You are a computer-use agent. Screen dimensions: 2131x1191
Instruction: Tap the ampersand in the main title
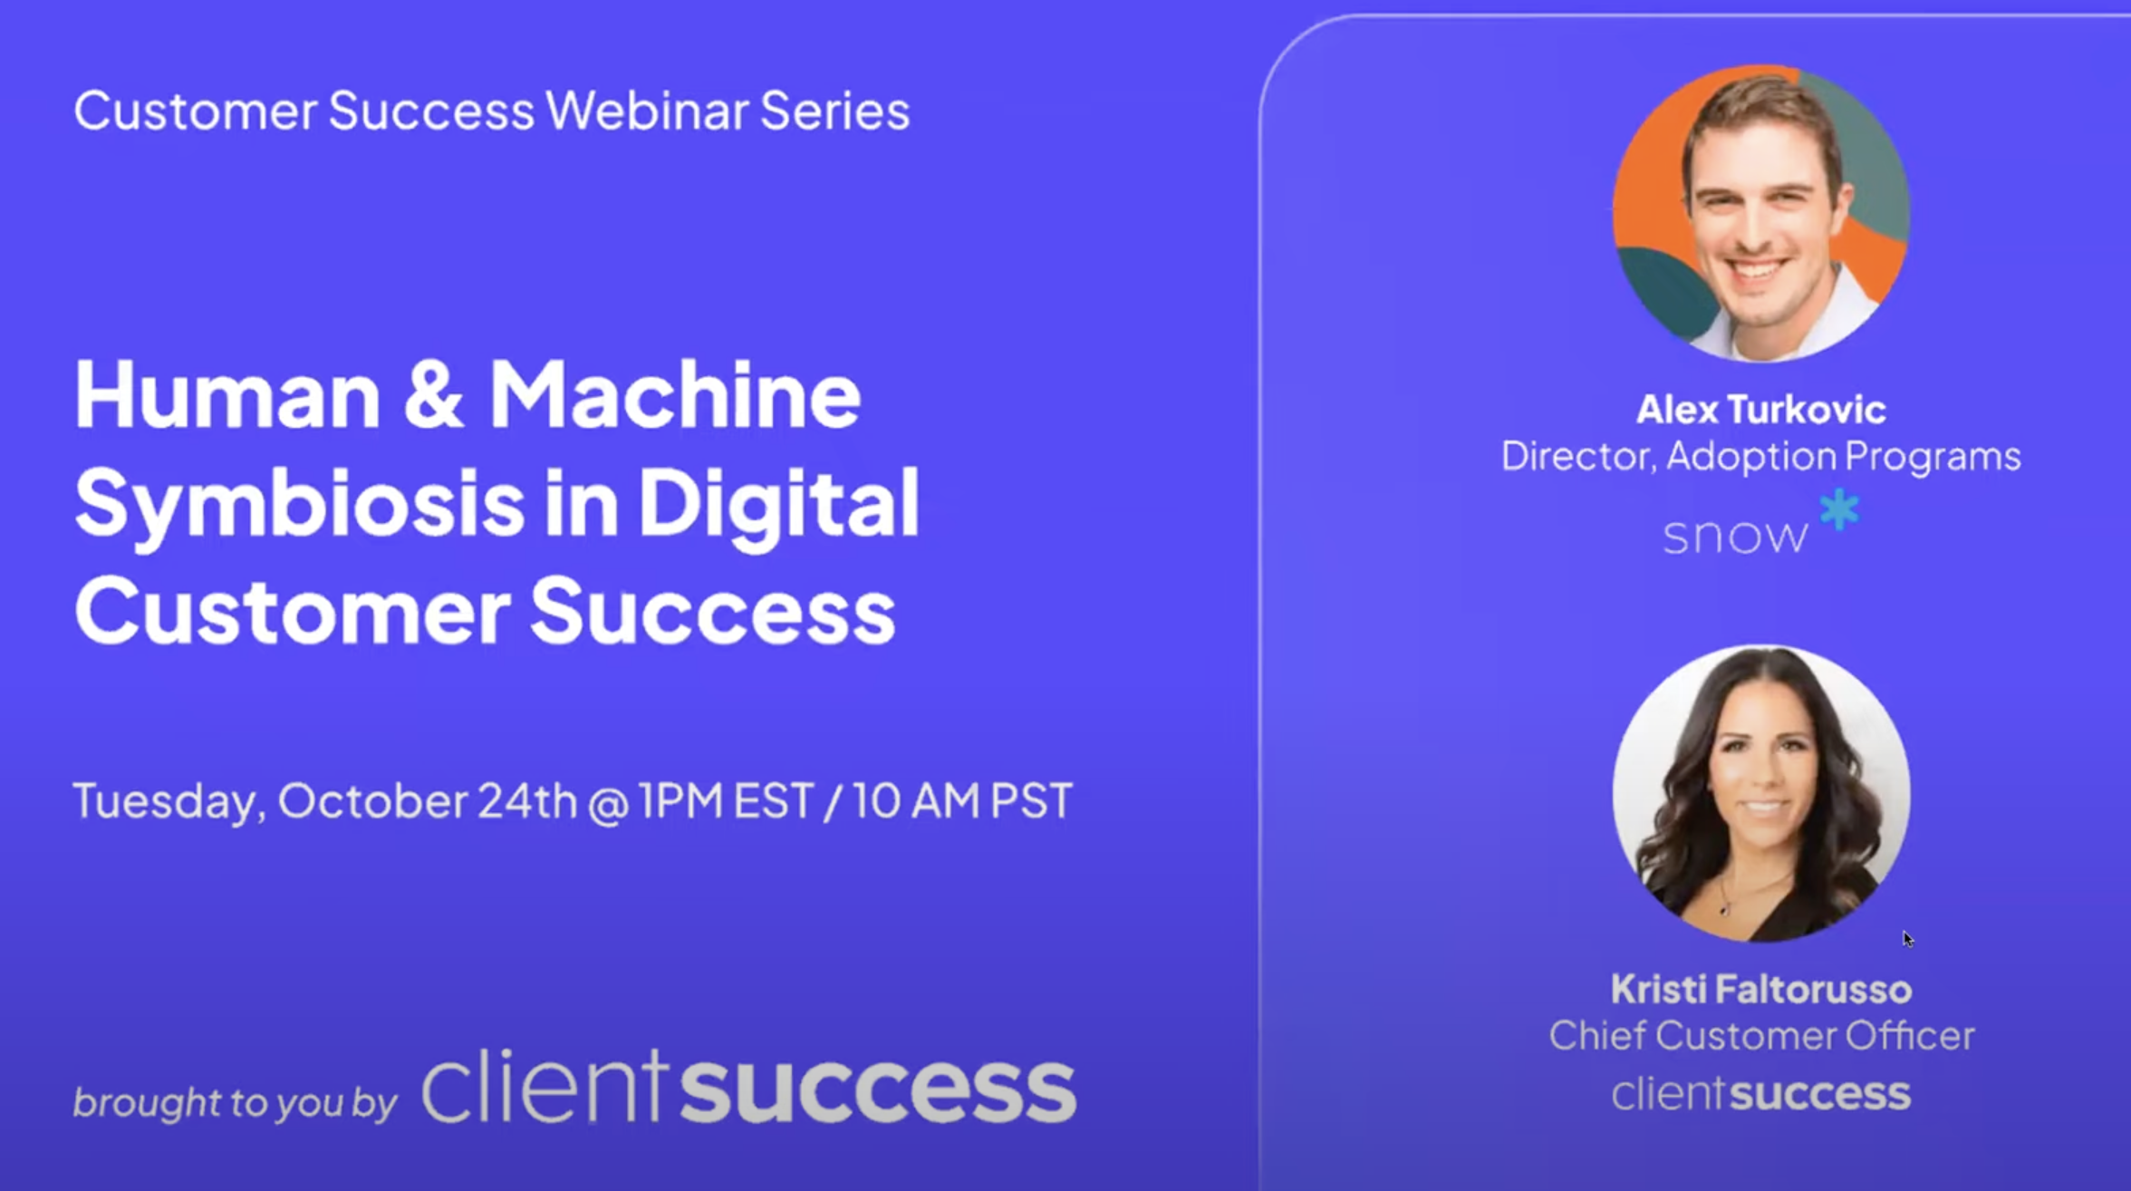434,395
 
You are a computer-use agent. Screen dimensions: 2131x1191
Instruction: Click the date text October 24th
427,801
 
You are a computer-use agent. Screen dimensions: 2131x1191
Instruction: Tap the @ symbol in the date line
608,804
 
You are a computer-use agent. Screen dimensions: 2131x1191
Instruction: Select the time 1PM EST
726,801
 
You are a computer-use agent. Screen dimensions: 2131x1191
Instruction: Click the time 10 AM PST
962,801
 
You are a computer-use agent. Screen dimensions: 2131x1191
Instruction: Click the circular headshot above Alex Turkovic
1761,213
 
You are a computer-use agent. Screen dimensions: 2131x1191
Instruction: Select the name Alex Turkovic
1761,410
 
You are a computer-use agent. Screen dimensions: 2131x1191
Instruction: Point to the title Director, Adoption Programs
1761,456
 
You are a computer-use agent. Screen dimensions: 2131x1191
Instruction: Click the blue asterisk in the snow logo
1839,509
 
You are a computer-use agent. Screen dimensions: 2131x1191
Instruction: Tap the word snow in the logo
1735,536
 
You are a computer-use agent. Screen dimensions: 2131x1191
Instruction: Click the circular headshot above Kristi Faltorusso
1761,793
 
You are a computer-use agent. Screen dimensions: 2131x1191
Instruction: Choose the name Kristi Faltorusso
1761,990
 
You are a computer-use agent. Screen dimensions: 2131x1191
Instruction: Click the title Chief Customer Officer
1761,1036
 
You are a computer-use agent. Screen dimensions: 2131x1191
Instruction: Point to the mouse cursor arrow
1907,940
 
